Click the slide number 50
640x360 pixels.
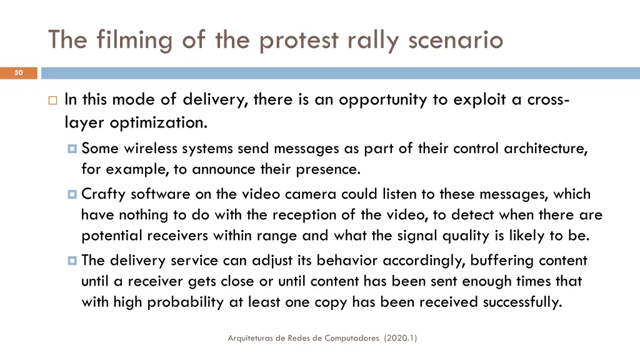click(19, 73)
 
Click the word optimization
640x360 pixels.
click(158, 122)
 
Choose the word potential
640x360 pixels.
click(112, 236)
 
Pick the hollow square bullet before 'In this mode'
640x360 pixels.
click(52, 100)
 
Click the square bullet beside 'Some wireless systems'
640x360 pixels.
click(72, 149)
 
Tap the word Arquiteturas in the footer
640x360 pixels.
click(252, 338)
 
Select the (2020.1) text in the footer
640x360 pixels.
click(401, 338)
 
